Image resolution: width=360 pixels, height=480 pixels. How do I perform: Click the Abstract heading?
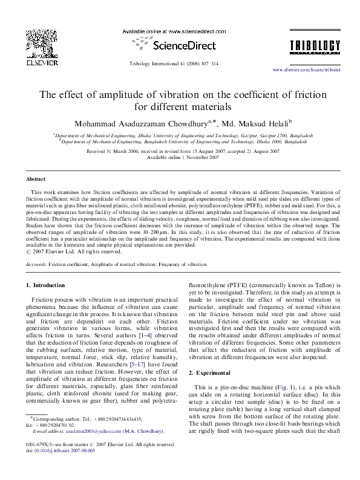pyautogui.click(x=36, y=180)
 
